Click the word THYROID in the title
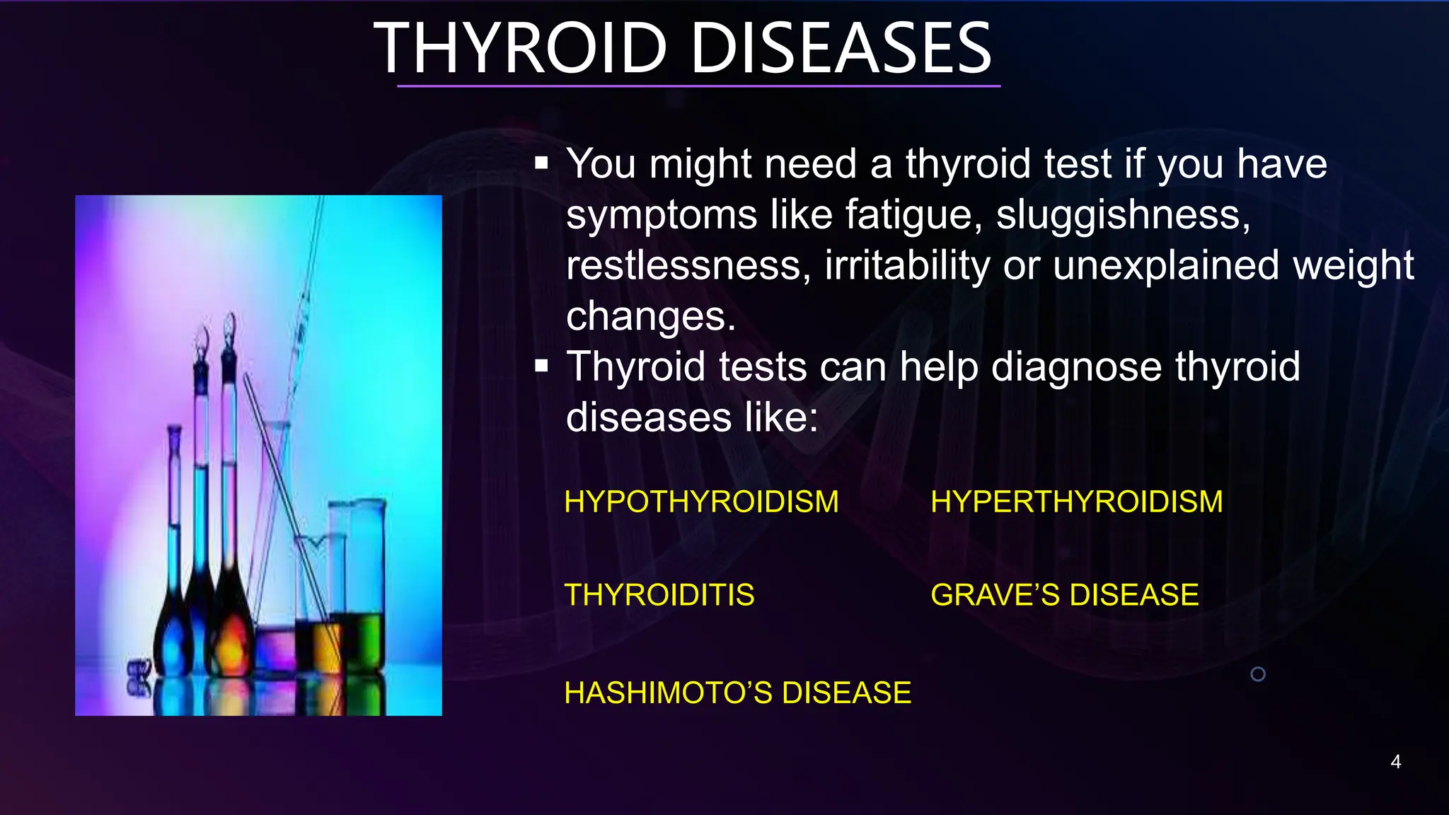click(520, 48)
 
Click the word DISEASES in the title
click(841, 48)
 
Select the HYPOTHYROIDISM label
click(701, 502)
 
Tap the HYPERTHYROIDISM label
click(1076, 502)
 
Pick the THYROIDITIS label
click(659, 595)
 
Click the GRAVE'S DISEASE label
click(1064, 595)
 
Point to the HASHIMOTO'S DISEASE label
click(737, 693)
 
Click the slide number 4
click(1395, 762)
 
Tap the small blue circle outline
click(1258, 674)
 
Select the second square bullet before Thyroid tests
click(542, 366)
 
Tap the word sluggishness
click(1123, 215)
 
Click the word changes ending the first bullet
click(650, 317)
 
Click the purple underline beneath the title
click(698, 86)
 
